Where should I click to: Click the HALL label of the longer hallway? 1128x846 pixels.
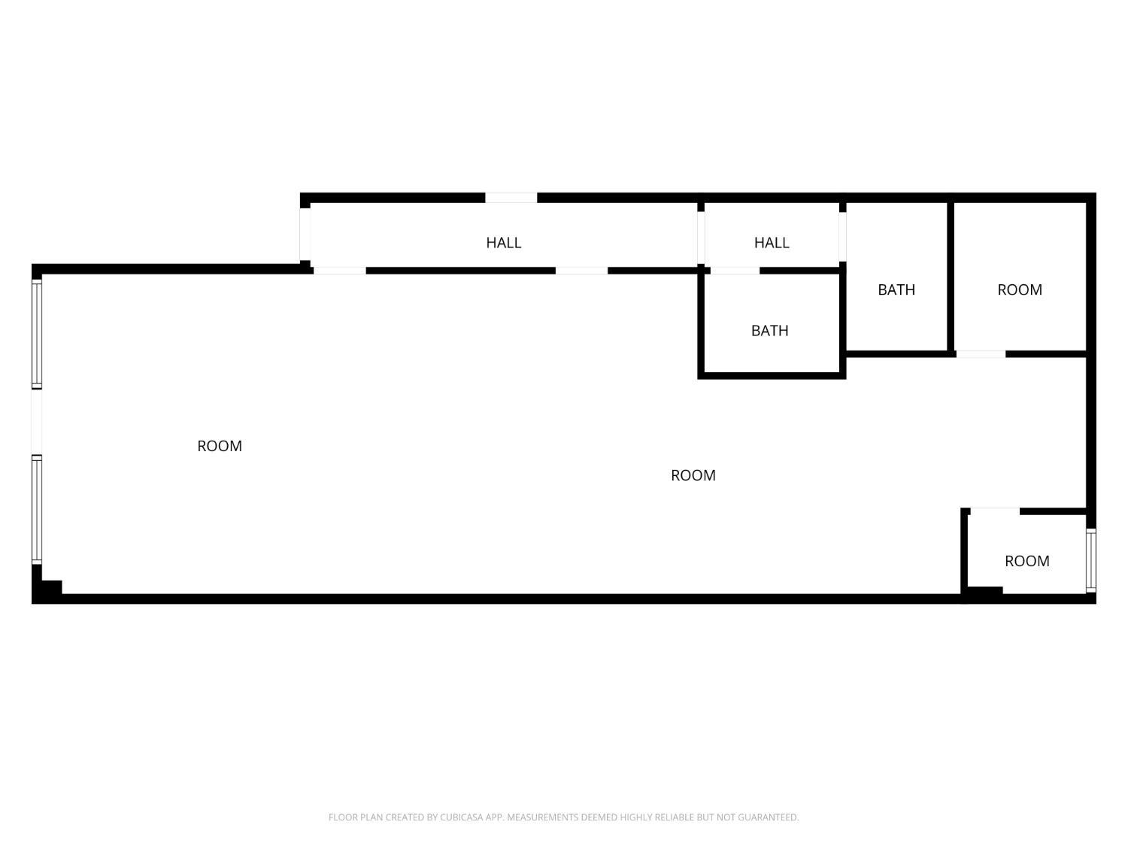click(x=503, y=242)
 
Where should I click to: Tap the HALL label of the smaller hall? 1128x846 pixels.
click(x=771, y=242)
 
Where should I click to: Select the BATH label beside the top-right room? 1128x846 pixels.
click(x=896, y=290)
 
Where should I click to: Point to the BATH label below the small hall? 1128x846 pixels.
click(x=769, y=330)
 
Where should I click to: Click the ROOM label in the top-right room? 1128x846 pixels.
click(x=1019, y=290)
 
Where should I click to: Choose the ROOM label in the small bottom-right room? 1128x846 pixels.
click(x=1026, y=561)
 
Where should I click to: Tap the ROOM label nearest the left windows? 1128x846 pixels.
click(x=220, y=446)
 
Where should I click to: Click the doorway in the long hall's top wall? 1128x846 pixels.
click(x=511, y=198)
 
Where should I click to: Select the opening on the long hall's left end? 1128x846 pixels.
click(x=305, y=234)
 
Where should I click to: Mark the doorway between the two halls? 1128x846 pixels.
click(x=700, y=238)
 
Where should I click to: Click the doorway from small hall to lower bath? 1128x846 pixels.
click(x=735, y=271)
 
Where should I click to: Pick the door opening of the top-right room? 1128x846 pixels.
click(x=981, y=354)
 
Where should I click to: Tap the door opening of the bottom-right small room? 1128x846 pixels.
click(x=995, y=511)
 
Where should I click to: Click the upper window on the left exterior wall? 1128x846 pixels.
click(x=37, y=334)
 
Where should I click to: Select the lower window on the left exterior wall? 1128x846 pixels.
click(x=37, y=510)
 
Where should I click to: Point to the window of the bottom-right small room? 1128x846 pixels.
click(x=1090, y=560)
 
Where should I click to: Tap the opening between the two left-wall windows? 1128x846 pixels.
click(x=37, y=422)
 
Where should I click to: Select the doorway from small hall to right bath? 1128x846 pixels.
click(x=842, y=237)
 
